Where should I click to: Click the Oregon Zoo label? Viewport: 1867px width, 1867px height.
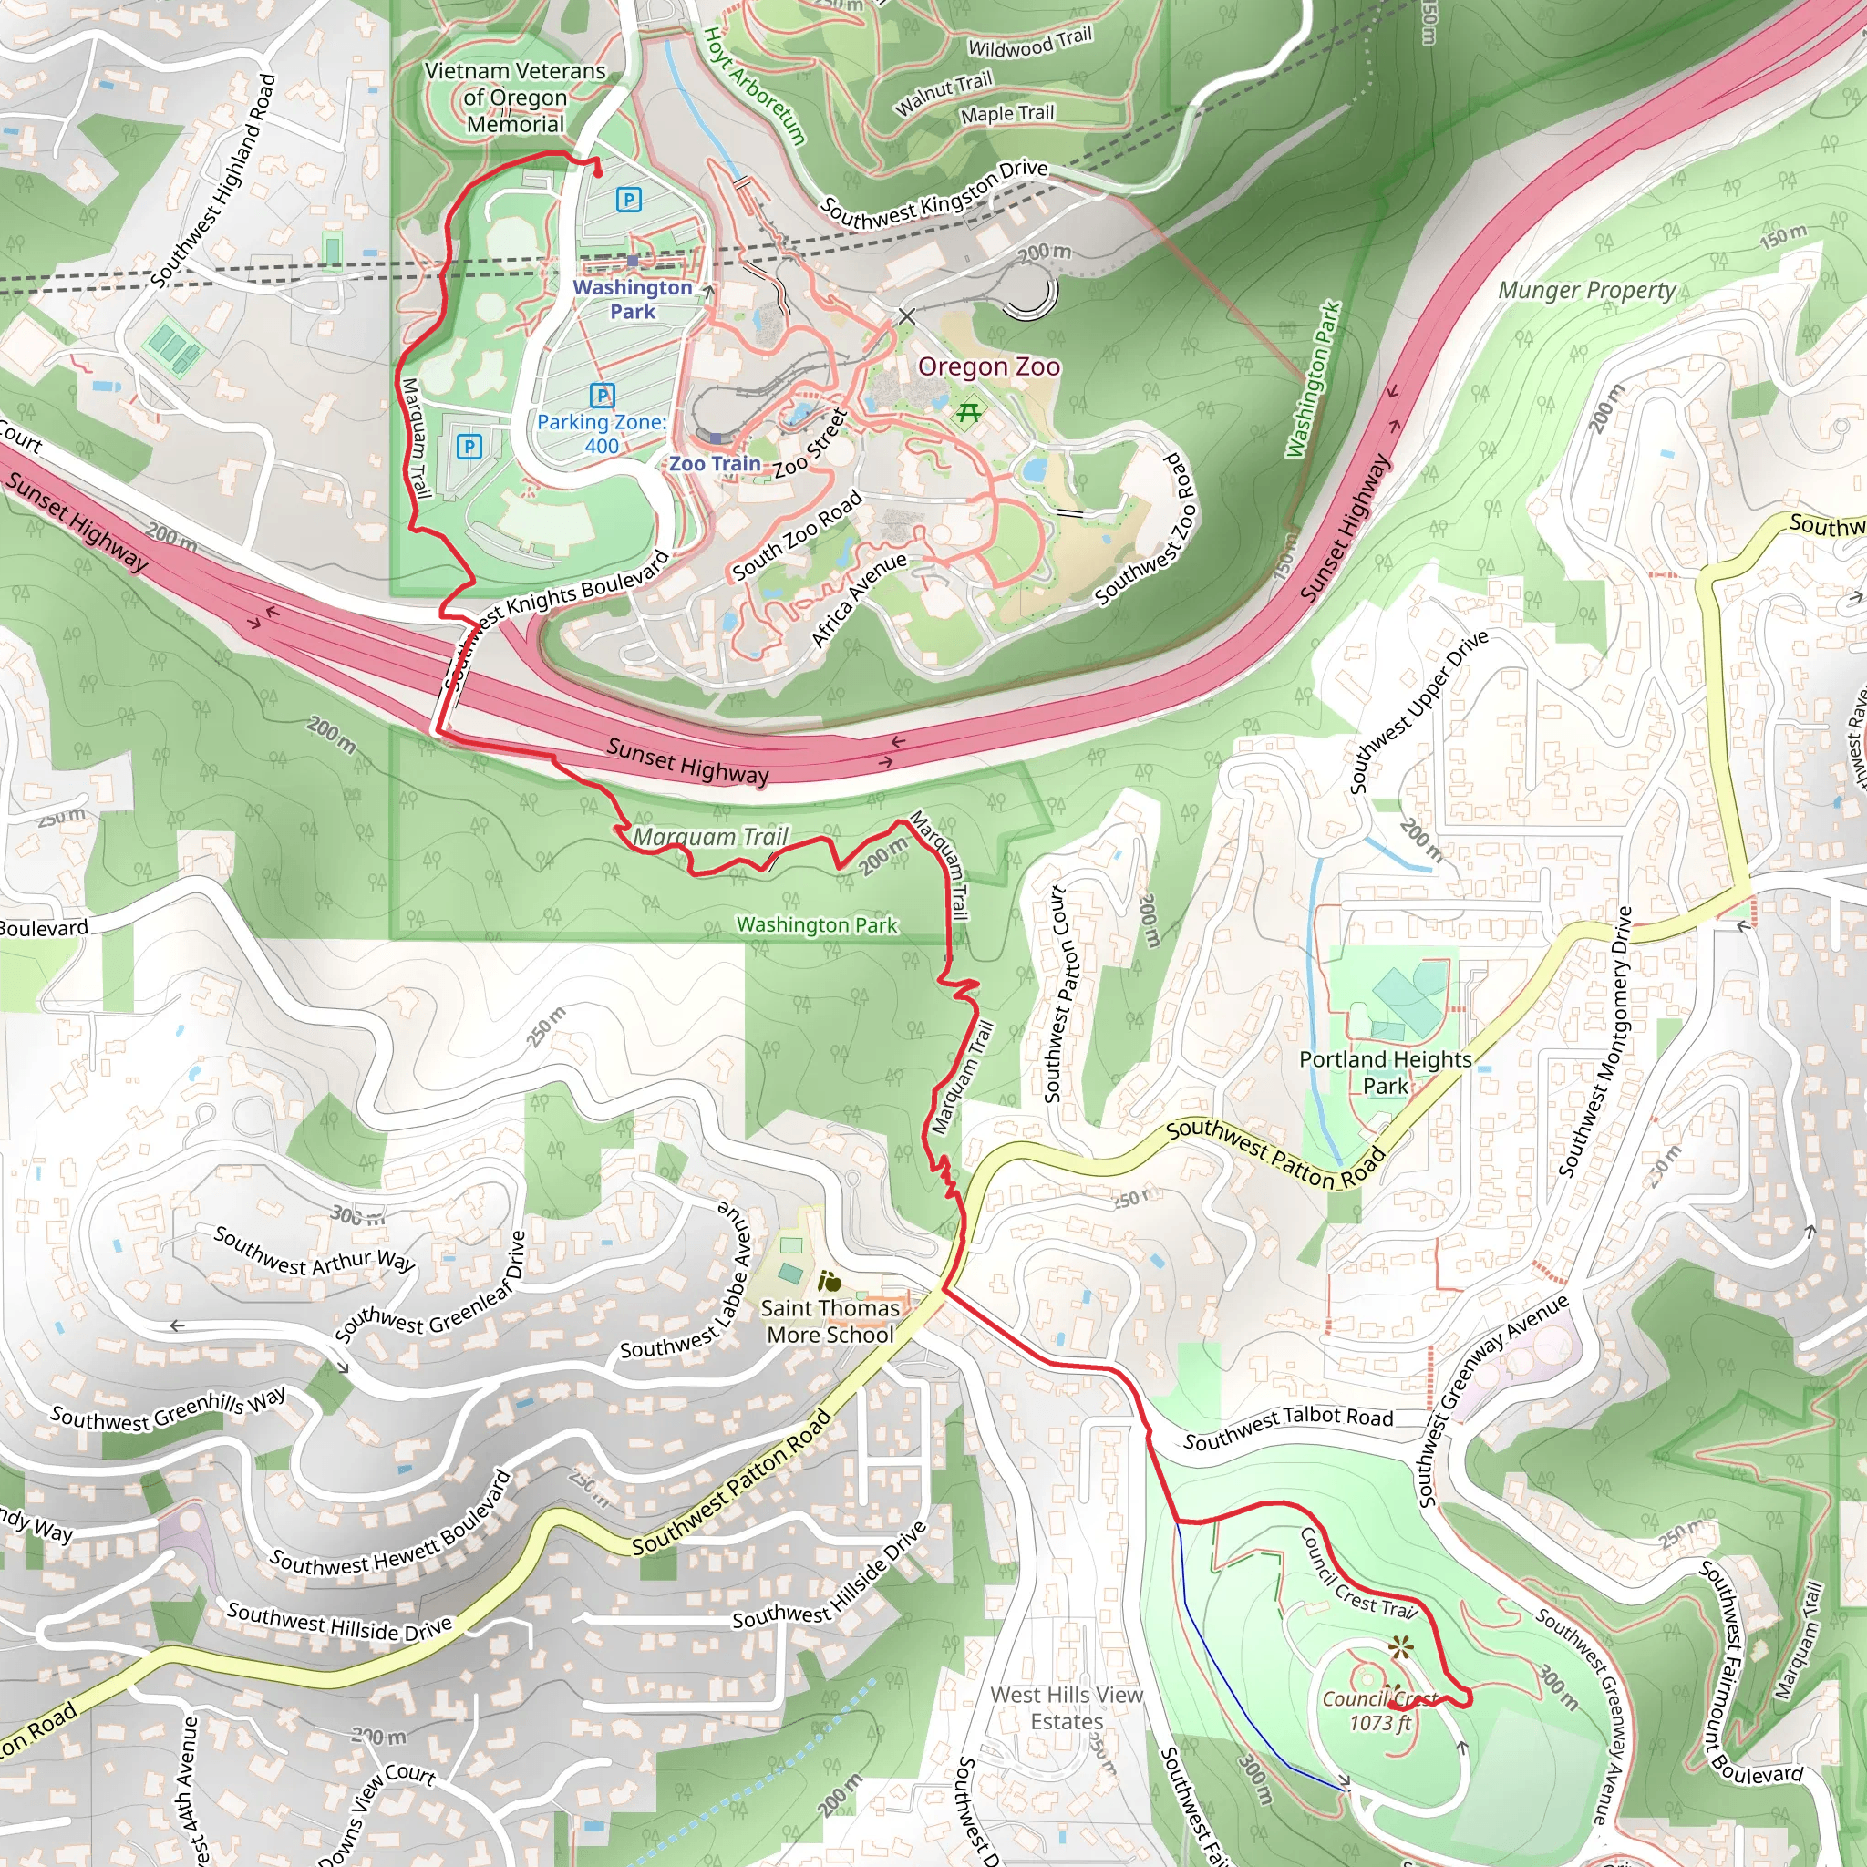(x=988, y=367)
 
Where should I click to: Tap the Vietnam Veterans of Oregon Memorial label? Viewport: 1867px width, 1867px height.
(x=515, y=98)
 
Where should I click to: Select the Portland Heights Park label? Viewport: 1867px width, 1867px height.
(x=1385, y=1073)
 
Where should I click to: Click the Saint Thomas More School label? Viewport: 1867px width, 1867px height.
(x=830, y=1321)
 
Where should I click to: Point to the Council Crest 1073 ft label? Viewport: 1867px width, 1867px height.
(x=1380, y=1711)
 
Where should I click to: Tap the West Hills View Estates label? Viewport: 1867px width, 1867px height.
(x=1066, y=1707)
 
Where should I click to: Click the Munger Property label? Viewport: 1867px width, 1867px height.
(x=1587, y=290)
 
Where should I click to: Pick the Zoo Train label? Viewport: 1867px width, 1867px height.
(x=715, y=464)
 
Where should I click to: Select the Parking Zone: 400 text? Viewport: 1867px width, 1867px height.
(x=601, y=434)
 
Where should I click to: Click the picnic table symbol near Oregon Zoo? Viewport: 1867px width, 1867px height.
(x=968, y=414)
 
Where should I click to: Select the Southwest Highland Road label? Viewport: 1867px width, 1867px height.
(x=213, y=181)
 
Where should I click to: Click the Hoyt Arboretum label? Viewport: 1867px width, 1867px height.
(x=754, y=85)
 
